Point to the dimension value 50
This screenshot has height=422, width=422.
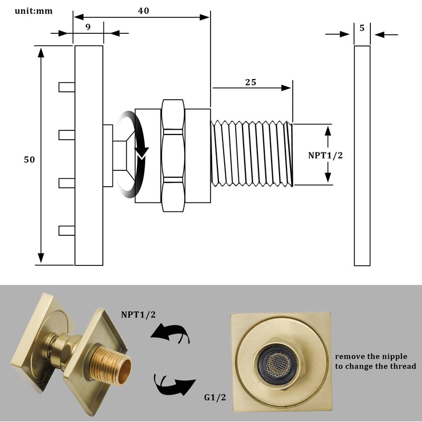tap(29, 159)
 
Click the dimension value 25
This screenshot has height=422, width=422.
tap(251, 82)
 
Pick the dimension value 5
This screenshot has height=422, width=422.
tap(362, 28)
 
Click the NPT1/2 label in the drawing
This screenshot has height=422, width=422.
tap(325, 155)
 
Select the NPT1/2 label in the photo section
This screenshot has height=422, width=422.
tap(139, 314)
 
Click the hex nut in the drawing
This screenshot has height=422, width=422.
tap(173, 155)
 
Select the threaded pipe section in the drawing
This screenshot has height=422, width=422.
tap(251, 154)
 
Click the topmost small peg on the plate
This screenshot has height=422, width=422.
tap(66, 87)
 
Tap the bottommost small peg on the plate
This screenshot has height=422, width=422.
tap(66, 230)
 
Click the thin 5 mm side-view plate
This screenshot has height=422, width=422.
tap(362, 156)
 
